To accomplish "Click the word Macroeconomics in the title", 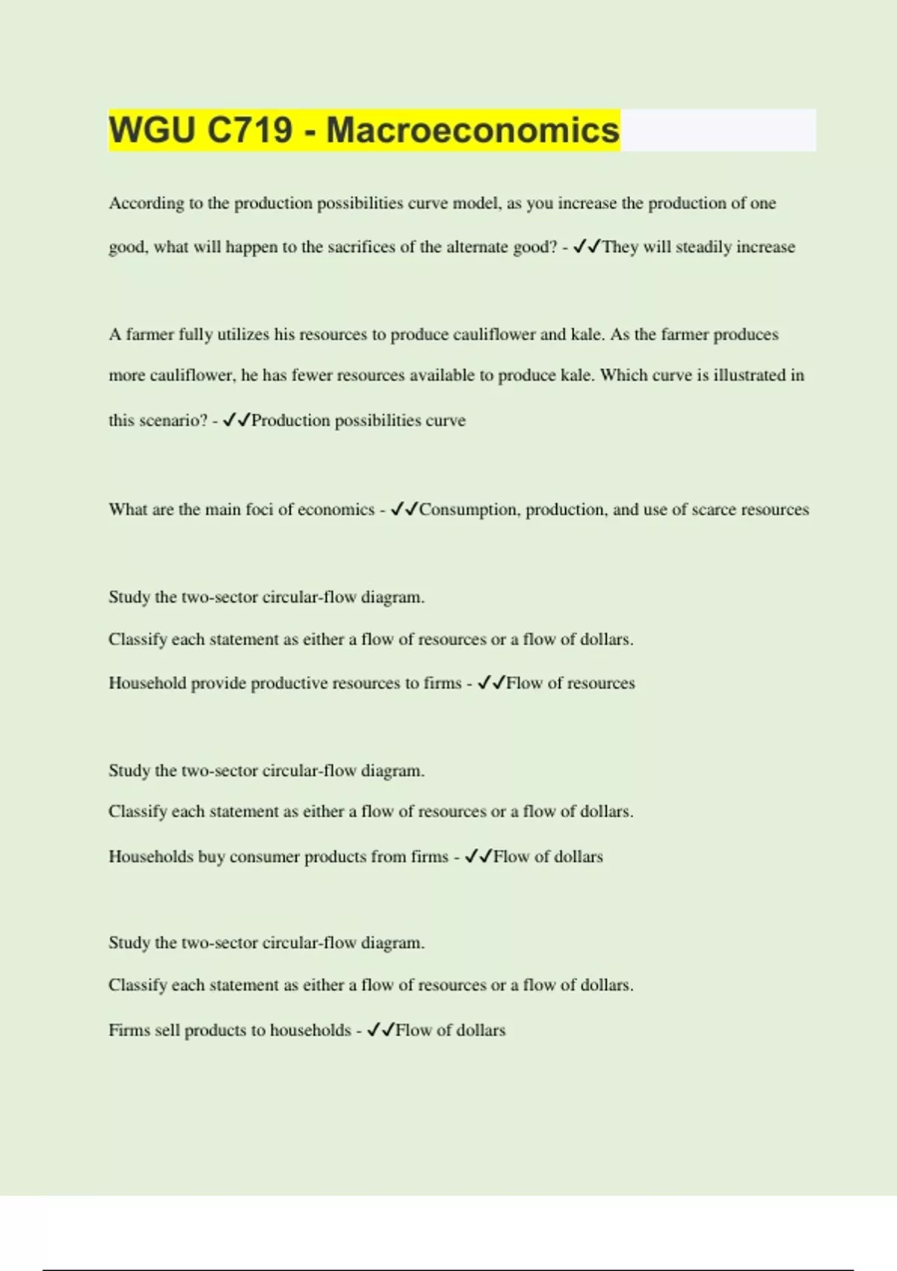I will [472, 130].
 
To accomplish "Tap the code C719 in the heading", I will [250, 130].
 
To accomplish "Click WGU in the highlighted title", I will [152, 130].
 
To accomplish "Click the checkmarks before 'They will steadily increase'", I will [587, 247].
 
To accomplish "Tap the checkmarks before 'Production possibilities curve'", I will [237, 420].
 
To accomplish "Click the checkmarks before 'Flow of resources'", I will [491, 683].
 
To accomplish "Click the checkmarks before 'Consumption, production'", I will [404, 509].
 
